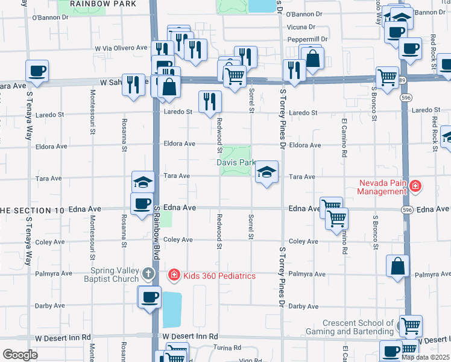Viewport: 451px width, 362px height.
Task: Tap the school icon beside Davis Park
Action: [266, 173]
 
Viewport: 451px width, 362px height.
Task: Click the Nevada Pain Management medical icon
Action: [415, 186]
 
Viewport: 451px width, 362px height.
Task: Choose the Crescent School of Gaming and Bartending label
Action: [359, 327]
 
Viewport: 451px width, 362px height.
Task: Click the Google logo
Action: [20, 355]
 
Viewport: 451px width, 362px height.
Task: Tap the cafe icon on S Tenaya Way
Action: [37, 71]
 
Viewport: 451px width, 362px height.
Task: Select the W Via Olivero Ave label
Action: [121, 48]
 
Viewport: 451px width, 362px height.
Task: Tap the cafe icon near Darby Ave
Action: [150, 297]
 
